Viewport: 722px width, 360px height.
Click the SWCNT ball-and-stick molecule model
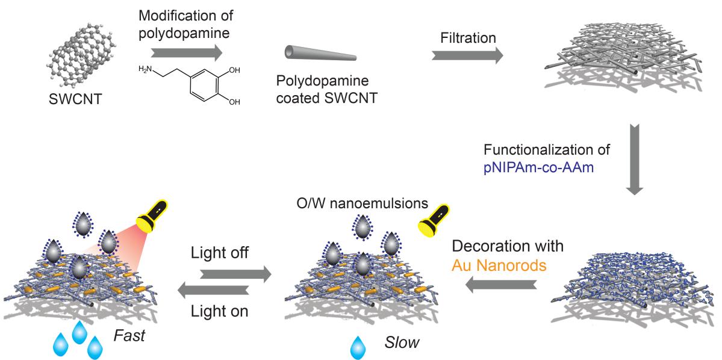point(79,60)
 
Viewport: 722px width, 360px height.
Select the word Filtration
point(467,39)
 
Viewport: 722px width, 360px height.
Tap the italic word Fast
point(128,335)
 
